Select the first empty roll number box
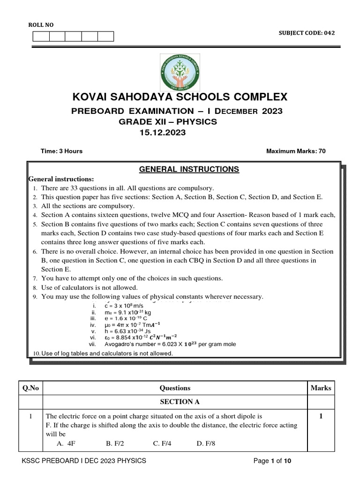click(x=41, y=37)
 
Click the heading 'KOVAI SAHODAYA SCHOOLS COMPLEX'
click(x=179, y=97)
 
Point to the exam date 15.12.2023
click(x=163, y=133)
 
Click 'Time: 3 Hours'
click(x=62, y=151)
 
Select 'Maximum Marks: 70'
click(x=295, y=151)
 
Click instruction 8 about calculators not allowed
click(x=89, y=287)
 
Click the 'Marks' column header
click(x=321, y=388)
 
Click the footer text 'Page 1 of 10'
click(x=272, y=461)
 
